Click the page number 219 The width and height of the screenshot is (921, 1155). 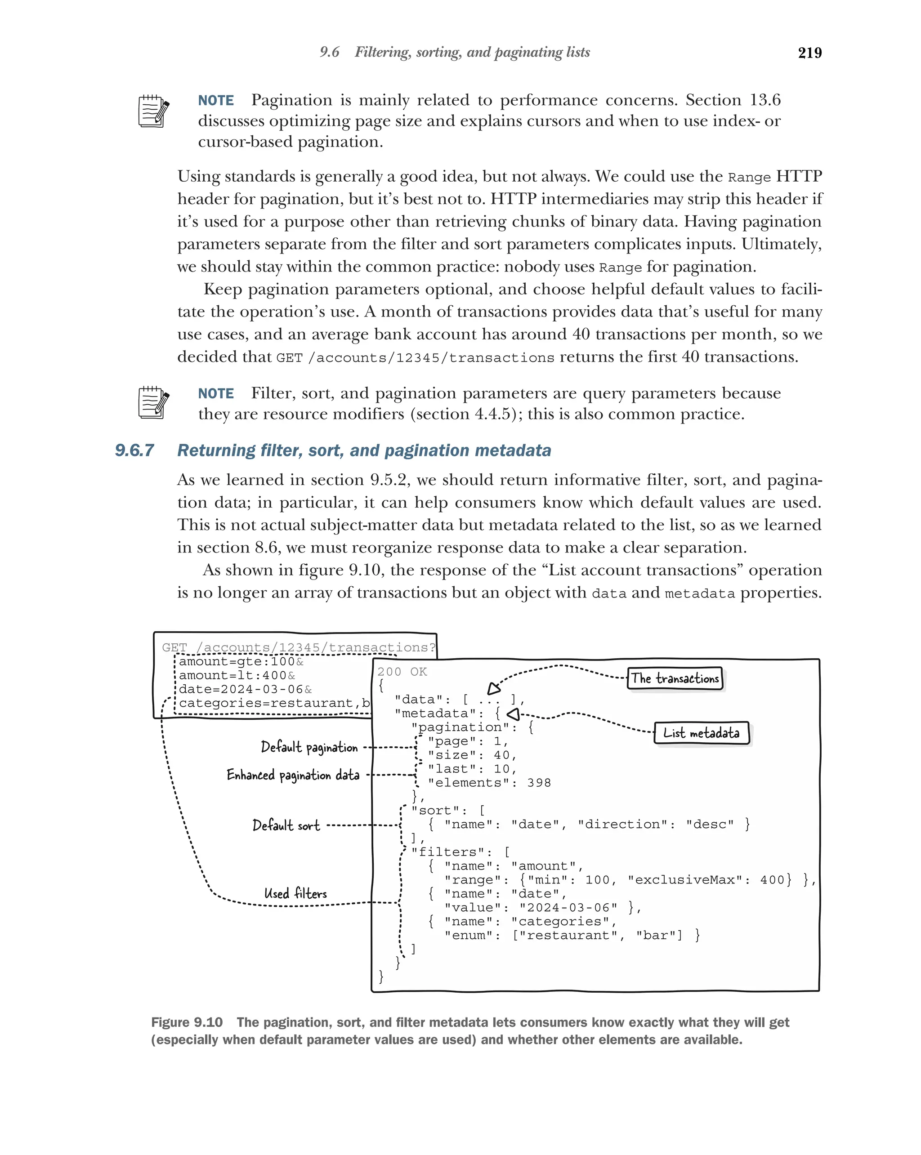click(809, 53)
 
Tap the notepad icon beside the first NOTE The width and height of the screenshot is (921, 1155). click(153, 111)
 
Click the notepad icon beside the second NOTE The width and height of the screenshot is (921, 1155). click(153, 402)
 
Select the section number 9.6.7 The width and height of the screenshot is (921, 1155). click(134, 450)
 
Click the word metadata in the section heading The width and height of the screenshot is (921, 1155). click(513, 450)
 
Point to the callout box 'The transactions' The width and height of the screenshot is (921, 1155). click(675, 678)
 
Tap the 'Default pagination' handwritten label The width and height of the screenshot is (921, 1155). click(309, 747)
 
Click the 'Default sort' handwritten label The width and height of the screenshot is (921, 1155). click(286, 825)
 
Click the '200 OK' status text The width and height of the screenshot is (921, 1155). click(402, 672)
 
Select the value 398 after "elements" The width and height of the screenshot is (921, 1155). click(538, 783)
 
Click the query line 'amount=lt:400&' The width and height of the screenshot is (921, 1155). click(237, 676)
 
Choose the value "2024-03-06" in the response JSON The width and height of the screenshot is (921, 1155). click(568, 907)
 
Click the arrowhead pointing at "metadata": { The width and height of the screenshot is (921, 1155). click(513, 714)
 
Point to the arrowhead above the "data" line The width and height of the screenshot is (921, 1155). click(493, 689)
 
